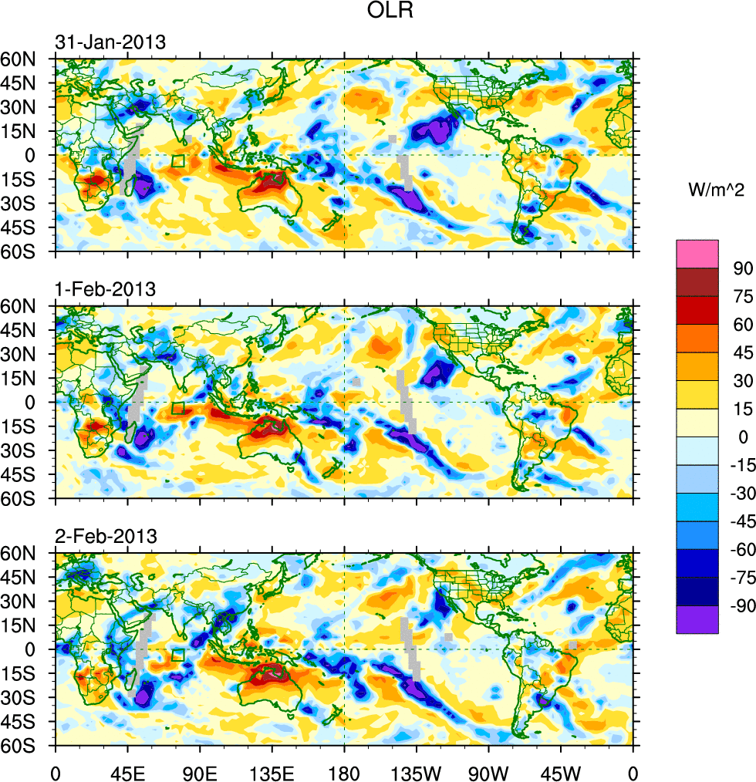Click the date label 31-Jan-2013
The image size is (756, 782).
coord(110,42)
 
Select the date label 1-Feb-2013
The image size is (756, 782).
coord(105,289)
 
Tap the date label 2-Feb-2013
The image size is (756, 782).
coord(106,536)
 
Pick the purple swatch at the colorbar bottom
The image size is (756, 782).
coord(697,619)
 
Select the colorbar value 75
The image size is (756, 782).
coord(741,296)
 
